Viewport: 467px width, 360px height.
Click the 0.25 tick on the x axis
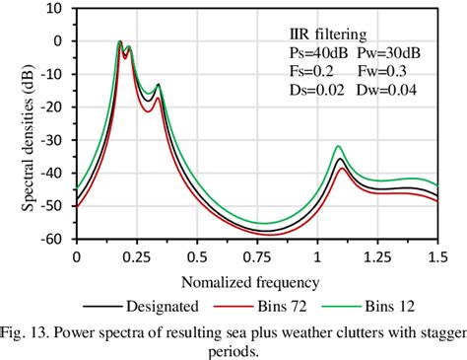tap(136, 254)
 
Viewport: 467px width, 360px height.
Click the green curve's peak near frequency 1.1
tap(339, 145)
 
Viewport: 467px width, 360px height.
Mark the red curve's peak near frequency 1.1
tap(343, 168)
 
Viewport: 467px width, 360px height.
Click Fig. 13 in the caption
tap(27, 330)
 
